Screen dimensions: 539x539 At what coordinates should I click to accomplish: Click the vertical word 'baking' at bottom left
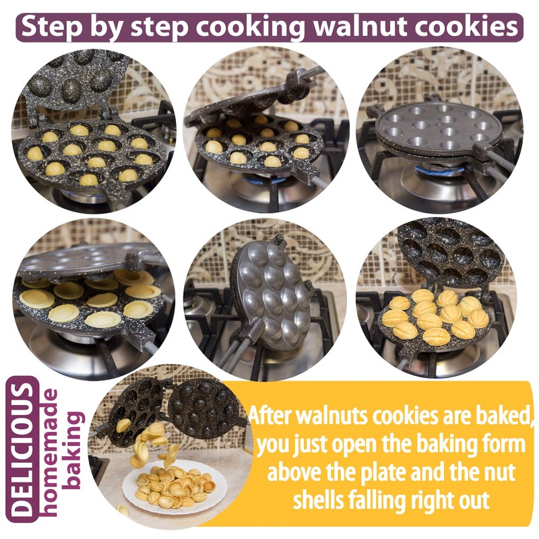click(75, 449)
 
